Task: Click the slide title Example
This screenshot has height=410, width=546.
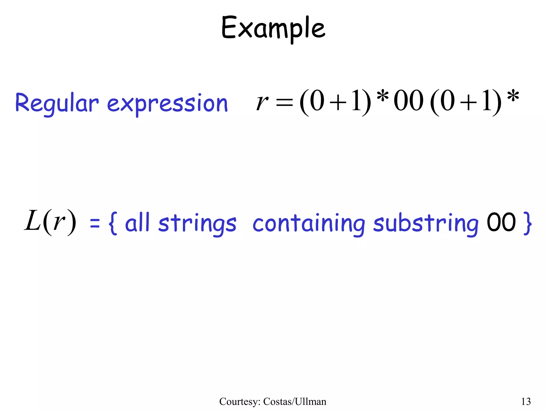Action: pyautogui.click(x=273, y=28)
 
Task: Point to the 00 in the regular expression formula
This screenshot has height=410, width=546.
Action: pyautogui.click(x=408, y=101)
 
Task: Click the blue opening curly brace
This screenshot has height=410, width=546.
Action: pyautogui.click(x=113, y=223)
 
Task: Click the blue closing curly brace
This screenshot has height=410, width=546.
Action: pyautogui.click(x=528, y=223)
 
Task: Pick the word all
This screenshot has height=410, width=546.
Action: pyautogui.click(x=137, y=223)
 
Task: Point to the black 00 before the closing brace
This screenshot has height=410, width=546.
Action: pyautogui.click(x=501, y=222)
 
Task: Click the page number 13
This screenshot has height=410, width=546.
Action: pyautogui.click(x=526, y=401)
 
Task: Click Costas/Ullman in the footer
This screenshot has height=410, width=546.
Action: pyautogui.click(x=295, y=401)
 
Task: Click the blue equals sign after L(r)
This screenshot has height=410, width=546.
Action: pyautogui.click(x=95, y=224)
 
